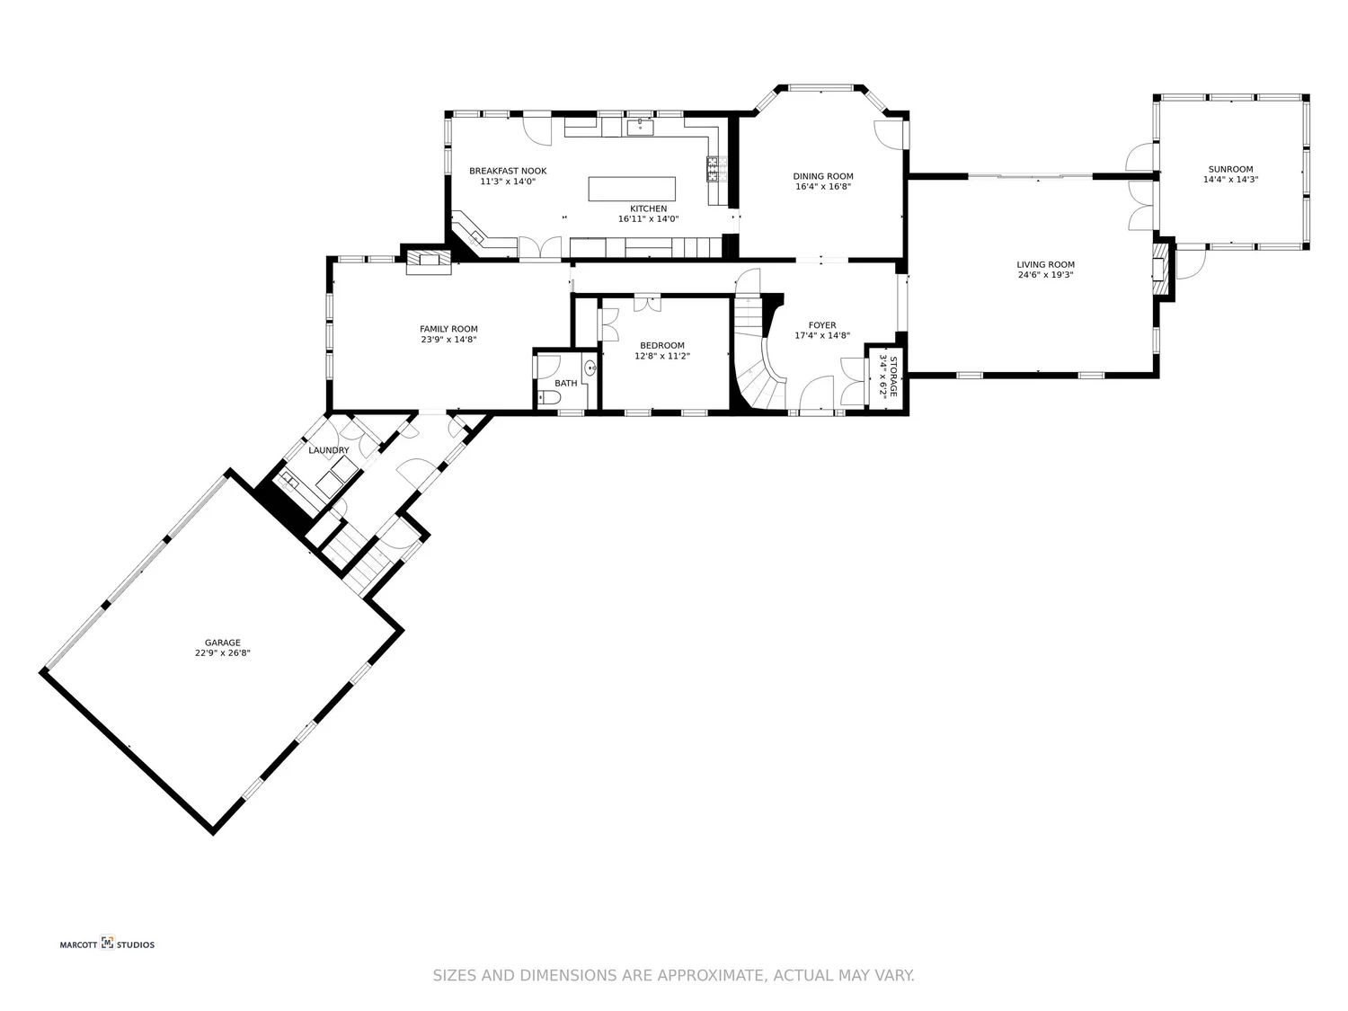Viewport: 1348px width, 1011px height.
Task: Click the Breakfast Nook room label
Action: (x=508, y=171)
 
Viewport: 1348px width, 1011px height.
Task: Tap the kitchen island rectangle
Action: (x=632, y=189)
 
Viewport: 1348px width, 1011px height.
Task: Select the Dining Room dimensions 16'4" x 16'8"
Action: (x=822, y=187)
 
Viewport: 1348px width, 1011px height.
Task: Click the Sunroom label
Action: (x=1230, y=169)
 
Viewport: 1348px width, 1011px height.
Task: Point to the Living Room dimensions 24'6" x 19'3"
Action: (x=1045, y=275)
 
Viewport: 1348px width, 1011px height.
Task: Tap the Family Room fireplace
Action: (x=428, y=261)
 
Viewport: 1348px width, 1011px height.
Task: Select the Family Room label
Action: (x=448, y=329)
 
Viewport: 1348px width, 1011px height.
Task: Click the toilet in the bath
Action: (x=547, y=397)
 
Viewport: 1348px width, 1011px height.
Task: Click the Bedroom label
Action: (x=661, y=345)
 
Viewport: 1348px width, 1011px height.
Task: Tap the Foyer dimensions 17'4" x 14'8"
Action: (x=821, y=335)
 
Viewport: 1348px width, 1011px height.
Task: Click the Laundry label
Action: (x=328, y=450)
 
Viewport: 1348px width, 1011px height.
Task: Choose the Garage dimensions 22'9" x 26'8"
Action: (x=222, y=653)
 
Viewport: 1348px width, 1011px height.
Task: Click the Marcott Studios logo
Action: (x=107, y=944)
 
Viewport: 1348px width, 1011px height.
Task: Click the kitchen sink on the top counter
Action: (x=640, y=126)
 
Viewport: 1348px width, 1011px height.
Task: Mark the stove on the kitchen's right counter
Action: (x=715, y=168)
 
